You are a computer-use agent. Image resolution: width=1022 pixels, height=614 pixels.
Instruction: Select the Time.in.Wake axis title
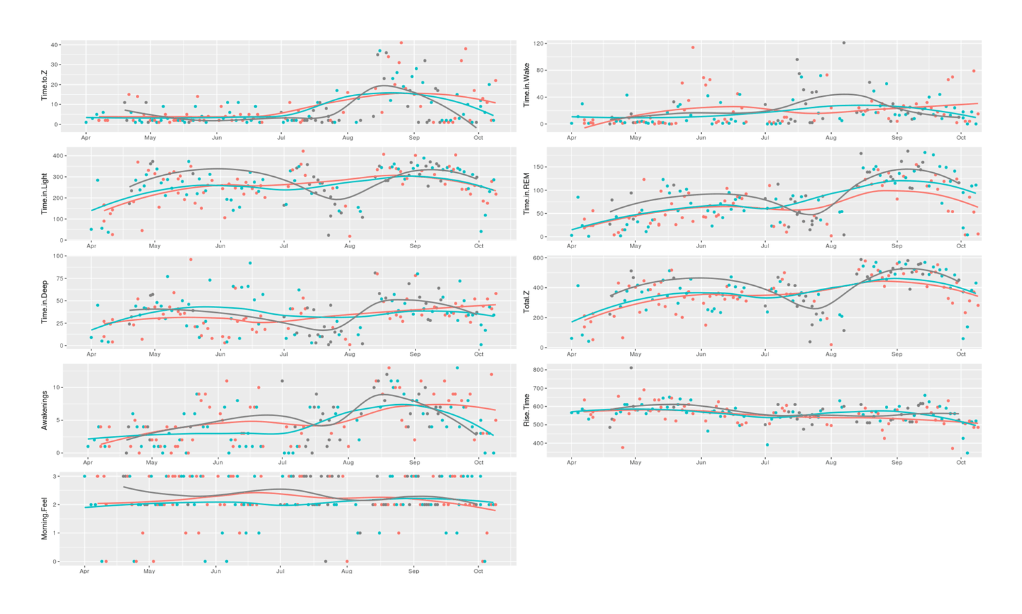pyautogui.click(x=526, y=85)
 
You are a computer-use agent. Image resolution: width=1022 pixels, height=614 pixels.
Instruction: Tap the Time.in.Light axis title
pyautogui.click(x=45, y=193)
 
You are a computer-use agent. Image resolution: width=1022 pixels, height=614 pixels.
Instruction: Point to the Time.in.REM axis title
pyautogui.click(x=526, y=194)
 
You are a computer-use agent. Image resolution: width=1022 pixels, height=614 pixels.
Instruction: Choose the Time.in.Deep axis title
pyautogui.click(x=45, y=301)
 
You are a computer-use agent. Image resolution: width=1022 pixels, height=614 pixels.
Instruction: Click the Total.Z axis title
pyautogui.click(x=526, y=301)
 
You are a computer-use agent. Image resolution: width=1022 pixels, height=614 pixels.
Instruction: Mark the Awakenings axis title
pyautogui.click(x=45, y=410)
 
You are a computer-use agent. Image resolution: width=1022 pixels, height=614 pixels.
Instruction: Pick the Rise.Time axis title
pyautogui.click(x=526, y=410)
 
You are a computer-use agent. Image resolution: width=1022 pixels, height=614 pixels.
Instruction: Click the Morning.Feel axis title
pyautogui.click(x=45, y=518)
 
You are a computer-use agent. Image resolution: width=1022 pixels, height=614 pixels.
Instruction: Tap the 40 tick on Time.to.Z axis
pyautogui.click(x=54, y=45)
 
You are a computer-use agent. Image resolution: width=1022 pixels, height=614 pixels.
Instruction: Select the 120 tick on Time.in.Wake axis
pyautogui.click(x=537, y=44)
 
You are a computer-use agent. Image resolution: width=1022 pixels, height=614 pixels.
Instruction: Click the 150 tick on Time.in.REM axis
pyautogui.click(x=537, y=167)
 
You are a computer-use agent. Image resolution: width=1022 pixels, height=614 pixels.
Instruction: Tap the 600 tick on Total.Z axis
pyautogui.click(x=537, y=258)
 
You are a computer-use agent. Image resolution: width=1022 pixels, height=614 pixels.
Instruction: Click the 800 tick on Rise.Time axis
pyautogui.click(x=537, y=370)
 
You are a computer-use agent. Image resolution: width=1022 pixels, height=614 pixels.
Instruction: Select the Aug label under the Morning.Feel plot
pyautogui.click(x=346, y=571)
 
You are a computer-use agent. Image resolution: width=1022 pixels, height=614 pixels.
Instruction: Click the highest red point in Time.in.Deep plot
pyautogui.click(x=191, y=260)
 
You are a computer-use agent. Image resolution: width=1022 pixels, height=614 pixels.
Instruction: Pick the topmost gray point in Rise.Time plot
pyautogui.click(x=631, y=368)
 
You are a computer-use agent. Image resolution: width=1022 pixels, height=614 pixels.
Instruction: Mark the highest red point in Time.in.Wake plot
pyautogui.click(x=693, y=48)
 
